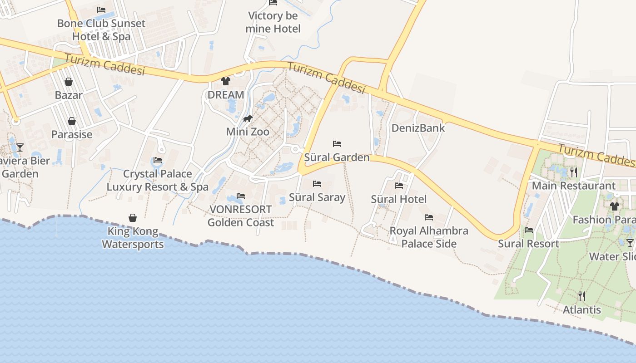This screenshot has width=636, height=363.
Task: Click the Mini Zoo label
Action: point(248,132)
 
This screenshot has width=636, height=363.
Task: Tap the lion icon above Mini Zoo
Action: point(248,119)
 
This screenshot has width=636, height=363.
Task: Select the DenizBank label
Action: point(418,128)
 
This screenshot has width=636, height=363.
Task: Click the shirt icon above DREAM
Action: point(226,81)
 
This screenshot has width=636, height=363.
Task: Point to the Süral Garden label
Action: point(337,157)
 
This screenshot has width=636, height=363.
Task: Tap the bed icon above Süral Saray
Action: point(317,184)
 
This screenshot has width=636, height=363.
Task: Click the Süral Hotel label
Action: point(399,199)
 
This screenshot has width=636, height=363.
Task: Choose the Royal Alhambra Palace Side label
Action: point(429,237)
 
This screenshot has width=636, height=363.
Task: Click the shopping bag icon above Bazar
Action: point(69,82)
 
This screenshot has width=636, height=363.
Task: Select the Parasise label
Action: point(72,134)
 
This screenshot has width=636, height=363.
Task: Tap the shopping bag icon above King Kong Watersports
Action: point(133,218)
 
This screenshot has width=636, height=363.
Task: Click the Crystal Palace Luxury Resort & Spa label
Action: point(158,180)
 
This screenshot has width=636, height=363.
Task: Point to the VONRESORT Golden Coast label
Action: point(241,216)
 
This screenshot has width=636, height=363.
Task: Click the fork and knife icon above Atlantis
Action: point(582,296)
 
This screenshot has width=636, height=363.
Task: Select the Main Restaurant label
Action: point(574,186)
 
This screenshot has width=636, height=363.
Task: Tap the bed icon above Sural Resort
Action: point(529,230)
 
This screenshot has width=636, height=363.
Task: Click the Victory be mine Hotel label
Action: point(273,22)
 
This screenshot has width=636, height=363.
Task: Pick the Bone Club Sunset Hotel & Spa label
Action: point(101,30)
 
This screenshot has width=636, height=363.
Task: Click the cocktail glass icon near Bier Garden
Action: point(20,147)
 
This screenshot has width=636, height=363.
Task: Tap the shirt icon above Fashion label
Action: point(615,206)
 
